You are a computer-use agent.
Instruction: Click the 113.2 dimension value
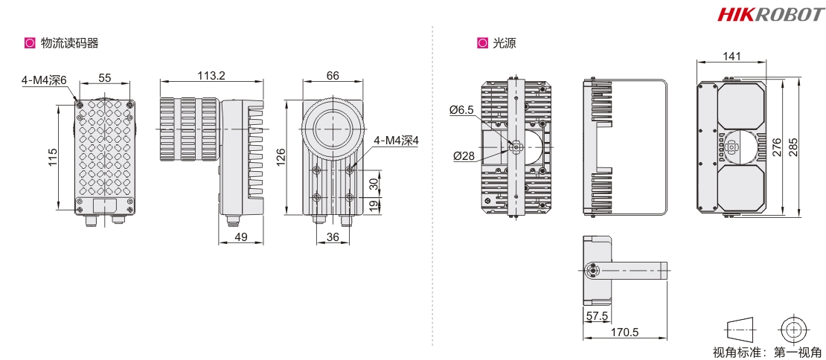[211, 76]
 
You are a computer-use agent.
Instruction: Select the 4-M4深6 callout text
[44, 80]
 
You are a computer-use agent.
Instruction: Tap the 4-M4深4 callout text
[396, 141]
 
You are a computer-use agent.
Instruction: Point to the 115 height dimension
[53, 157]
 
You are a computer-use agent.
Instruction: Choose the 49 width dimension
[241, 237]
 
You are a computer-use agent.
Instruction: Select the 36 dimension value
[333, 237]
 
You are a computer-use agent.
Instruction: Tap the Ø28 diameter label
[464, 155]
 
